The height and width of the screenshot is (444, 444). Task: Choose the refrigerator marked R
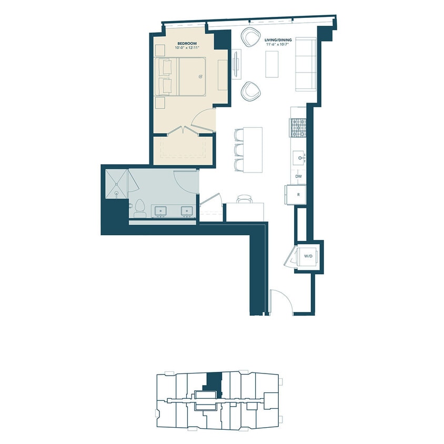pyautogui.click(x=298, y=195)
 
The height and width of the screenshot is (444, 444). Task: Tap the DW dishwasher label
pyautogui.click(x=298, y=176)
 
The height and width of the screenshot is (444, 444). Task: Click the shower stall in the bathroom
pyautogui.click(x=115, y=183)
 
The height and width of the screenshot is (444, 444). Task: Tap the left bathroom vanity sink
pyautogui.click(x=159, y=211)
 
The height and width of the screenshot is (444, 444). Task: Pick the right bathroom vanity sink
pyautogui.click(x=187, y=211)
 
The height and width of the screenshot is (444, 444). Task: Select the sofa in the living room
pyautogui.click(x=305, y=65)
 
